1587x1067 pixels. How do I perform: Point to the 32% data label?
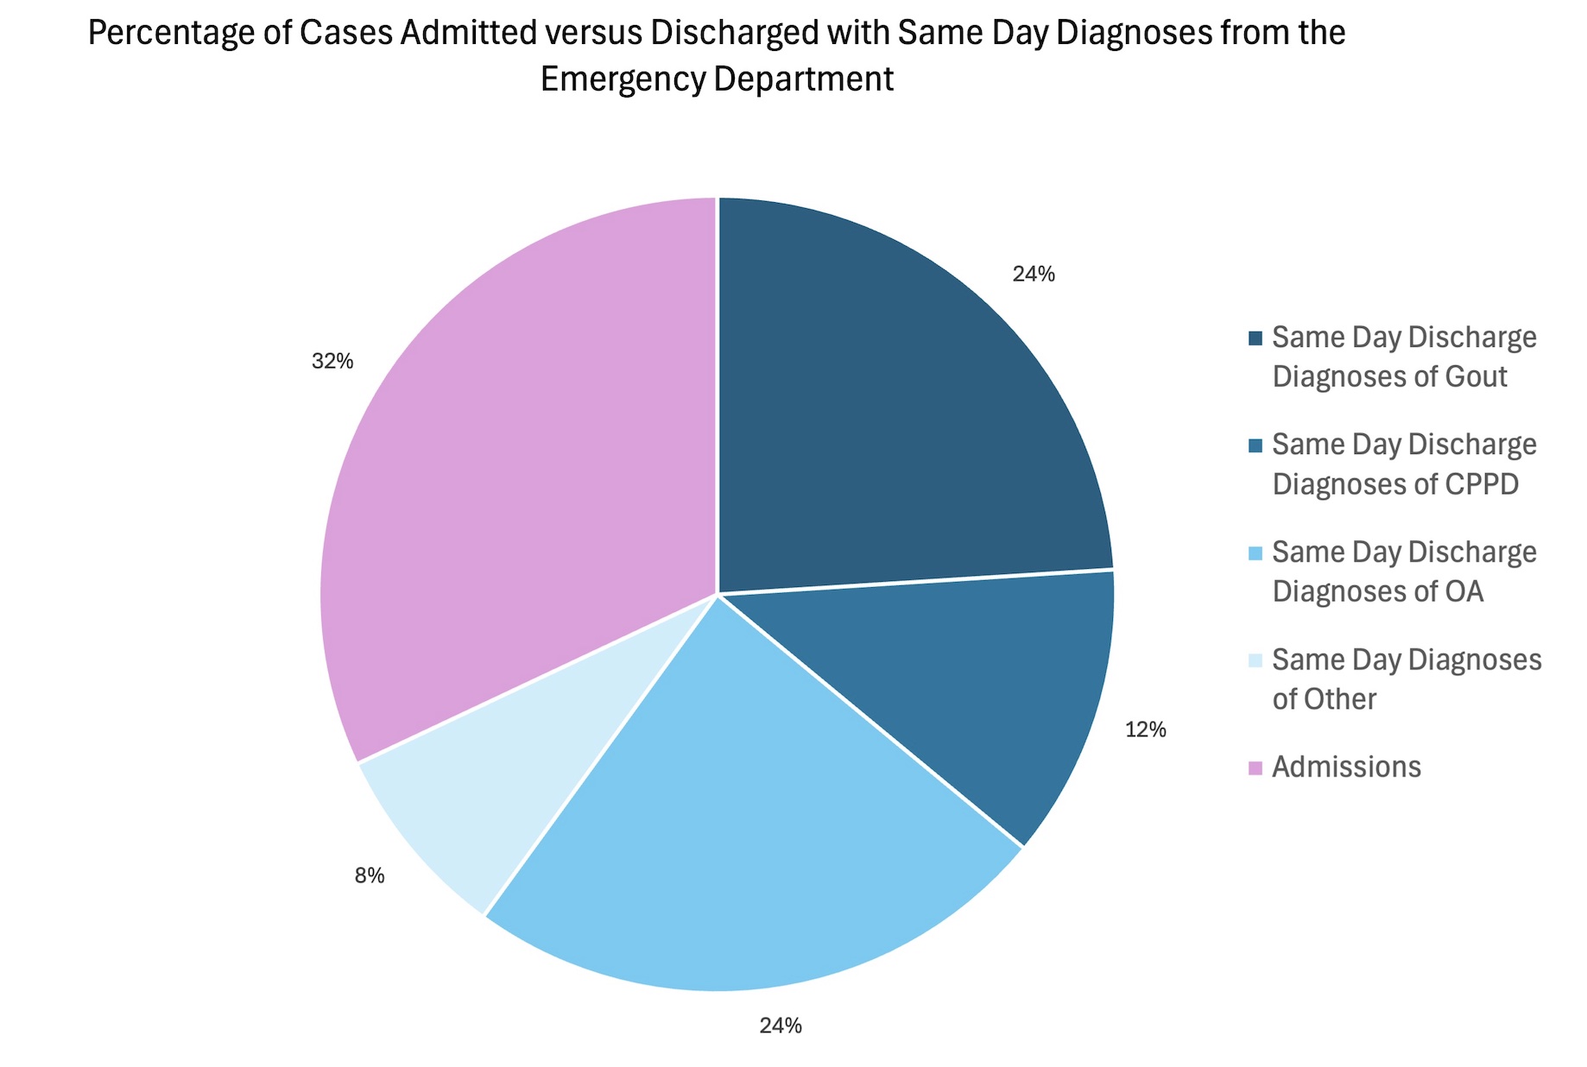click(x=332, y=362)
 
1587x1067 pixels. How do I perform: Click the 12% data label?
click(x=1145, y=730)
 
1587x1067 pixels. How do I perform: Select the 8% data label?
click(x=370, y=876)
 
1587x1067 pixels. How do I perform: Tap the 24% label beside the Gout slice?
click(x=1034, y=275)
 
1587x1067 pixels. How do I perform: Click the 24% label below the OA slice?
click(x=781, y=1026)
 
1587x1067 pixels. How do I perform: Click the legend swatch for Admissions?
click(x=1255, y=767)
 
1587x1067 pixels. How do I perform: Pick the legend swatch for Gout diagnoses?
click(x=1255, y=338)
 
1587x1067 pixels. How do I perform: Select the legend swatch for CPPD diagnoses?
click(x=1255, y=445)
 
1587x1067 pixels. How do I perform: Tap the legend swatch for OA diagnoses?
click(x=1255, y=552)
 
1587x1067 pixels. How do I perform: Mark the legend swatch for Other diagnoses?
click(x=1255, y=660)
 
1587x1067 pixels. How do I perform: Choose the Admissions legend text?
click(x=1346, y=767)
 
